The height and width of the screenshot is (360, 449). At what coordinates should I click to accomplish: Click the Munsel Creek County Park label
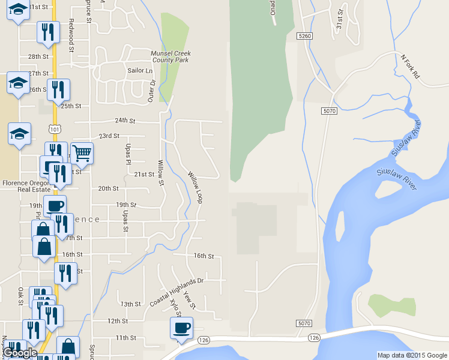coord(170,56)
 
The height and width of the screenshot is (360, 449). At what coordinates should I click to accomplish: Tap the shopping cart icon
coord(82,154)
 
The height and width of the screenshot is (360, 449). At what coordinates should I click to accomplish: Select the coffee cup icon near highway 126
coord(181,328)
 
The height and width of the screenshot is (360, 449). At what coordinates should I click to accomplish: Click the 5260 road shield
coord(305,37)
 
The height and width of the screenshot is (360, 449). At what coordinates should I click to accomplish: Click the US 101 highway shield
coord(55,129)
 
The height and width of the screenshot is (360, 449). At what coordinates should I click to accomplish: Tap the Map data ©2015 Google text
coord(411,355)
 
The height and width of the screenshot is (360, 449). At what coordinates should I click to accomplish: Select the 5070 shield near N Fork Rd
coord(329,111)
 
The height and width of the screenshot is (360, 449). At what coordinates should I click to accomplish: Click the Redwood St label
coord(71,29)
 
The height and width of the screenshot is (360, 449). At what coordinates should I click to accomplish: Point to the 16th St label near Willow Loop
coord(203,256)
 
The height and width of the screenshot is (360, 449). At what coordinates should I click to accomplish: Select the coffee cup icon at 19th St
coord(55,206)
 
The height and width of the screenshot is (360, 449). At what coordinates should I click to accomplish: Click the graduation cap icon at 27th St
coord(18,82)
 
